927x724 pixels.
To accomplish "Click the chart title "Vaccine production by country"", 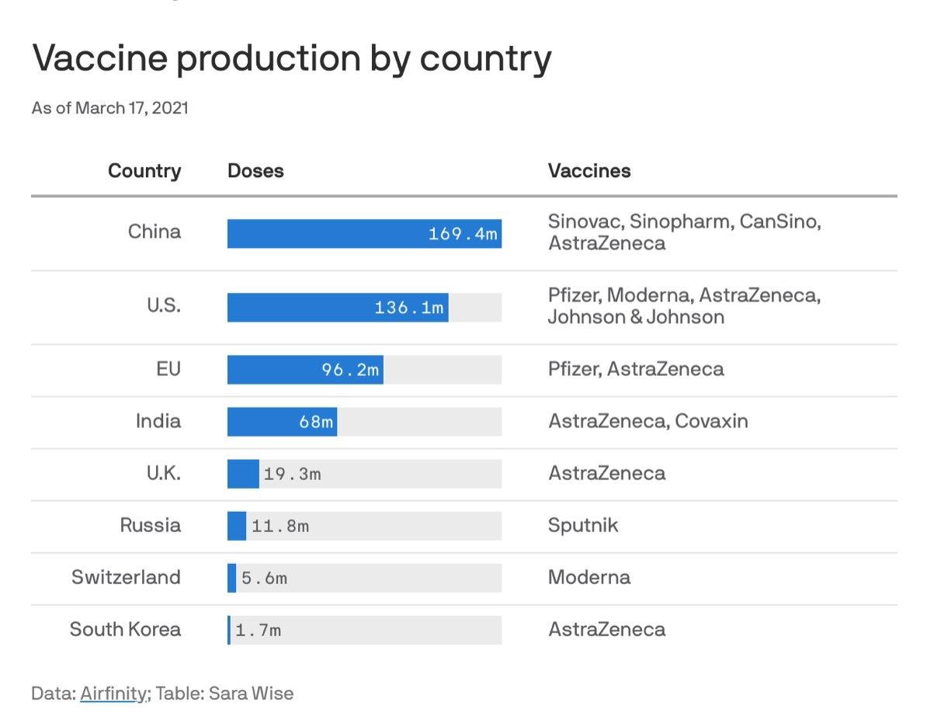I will point(291,58).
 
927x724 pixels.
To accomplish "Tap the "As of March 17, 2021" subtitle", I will point(109,108).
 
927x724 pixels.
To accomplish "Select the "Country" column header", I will point(144,171).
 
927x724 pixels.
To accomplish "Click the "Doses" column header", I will point(255,171).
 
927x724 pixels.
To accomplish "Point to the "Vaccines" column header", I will point(589,171).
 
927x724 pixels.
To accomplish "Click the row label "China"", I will point(154,231).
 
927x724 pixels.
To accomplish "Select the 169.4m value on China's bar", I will point(463,234).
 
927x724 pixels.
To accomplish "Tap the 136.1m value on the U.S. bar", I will point(409,308).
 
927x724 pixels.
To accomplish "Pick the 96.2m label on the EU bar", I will point(351,370).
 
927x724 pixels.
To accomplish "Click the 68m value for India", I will point(316,422).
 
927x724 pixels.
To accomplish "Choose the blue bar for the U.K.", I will point(243,474).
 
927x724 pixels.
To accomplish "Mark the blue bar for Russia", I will point(237,526).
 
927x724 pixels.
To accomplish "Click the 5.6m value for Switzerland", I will point(264,578).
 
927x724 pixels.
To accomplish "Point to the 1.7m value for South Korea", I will point(258,630).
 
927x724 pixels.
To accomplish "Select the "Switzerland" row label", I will point(126,577).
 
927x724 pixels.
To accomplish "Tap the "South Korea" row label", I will point(125,629).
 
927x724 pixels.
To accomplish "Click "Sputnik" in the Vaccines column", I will point(583,525).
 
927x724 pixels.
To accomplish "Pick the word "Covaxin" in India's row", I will point(711,421).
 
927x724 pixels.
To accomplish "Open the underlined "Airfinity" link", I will point(113,693).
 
